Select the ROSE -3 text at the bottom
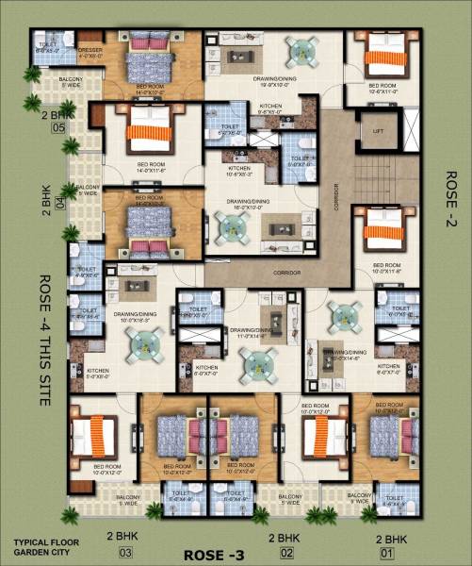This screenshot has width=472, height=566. [x=215, y=554]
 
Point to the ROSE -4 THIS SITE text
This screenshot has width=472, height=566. [x=43, y=340]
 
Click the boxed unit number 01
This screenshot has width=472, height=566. [x=386, y=553]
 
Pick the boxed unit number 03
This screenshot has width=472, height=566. [x=125, y=553]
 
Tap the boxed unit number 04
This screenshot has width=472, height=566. [x=61, y=201]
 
